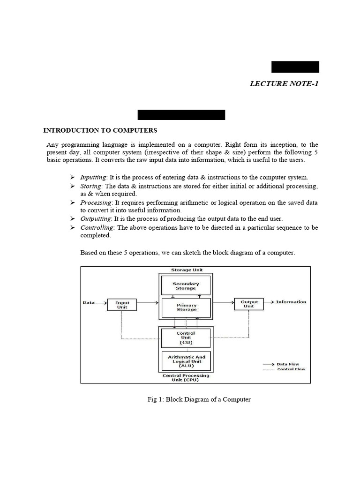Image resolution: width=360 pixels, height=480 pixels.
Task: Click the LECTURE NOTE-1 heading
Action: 285,84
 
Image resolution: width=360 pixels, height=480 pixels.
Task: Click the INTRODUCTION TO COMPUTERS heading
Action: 100,130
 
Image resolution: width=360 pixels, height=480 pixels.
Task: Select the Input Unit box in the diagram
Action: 122,305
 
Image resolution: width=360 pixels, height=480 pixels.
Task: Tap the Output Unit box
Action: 249,304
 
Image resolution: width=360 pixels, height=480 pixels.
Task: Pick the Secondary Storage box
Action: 186,286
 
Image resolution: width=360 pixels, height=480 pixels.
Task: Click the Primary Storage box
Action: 186,307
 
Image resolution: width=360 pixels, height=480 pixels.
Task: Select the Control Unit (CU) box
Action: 186,337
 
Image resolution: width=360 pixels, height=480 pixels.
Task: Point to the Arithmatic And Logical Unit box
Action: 186,361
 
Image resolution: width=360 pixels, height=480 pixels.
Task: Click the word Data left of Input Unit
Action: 89,302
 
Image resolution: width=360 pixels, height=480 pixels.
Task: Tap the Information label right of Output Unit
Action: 291,302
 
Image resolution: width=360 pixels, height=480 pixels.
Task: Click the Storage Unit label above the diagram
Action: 187,270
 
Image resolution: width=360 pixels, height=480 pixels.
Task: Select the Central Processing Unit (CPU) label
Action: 186,378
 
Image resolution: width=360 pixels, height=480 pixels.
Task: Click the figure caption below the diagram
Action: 199,399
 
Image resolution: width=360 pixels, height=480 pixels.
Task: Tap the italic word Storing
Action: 90,186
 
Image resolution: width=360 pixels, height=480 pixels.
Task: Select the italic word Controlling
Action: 97,228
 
